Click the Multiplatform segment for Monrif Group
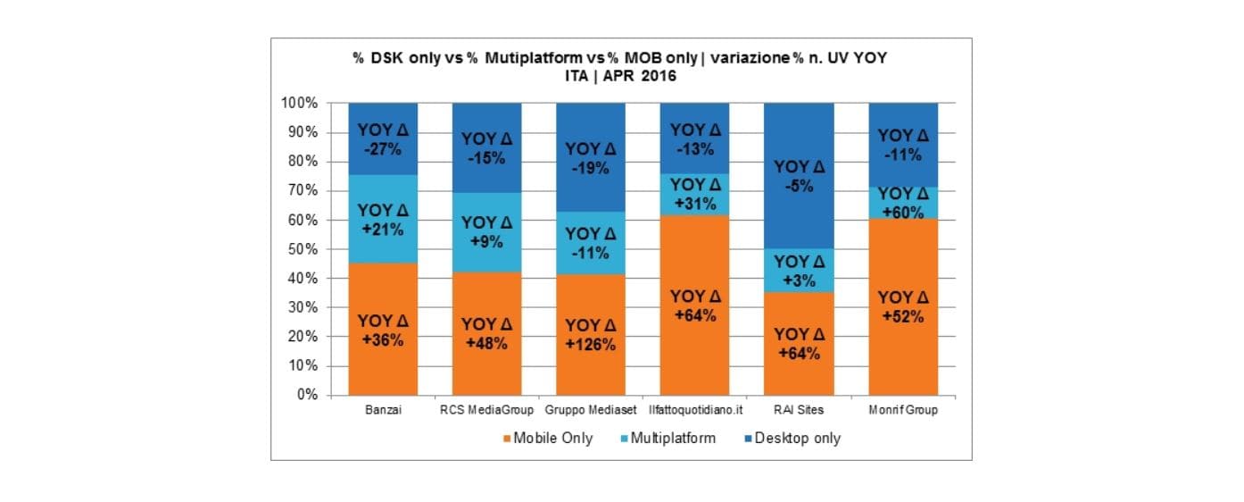click(903, 203)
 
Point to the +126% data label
click(591, 345)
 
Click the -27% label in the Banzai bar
click(384, 150)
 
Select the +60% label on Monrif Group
click(903, 213)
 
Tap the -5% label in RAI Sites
click(799, 188)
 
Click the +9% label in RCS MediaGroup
click(487, 242)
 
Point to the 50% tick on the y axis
click(300, 249)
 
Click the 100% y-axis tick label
click(298, 104)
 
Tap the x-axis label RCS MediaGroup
click(487, 410)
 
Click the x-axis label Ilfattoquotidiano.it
click(694, 410)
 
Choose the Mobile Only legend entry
click(547, 439)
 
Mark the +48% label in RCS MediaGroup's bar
click(487, 343)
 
